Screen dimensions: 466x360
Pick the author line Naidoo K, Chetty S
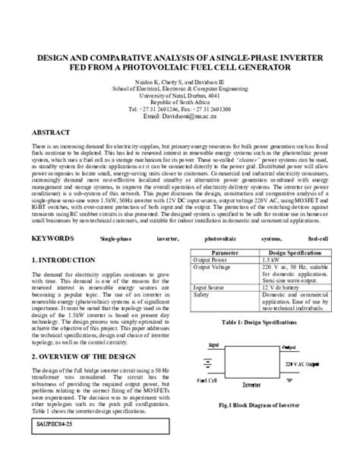click(x=179, y=80)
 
